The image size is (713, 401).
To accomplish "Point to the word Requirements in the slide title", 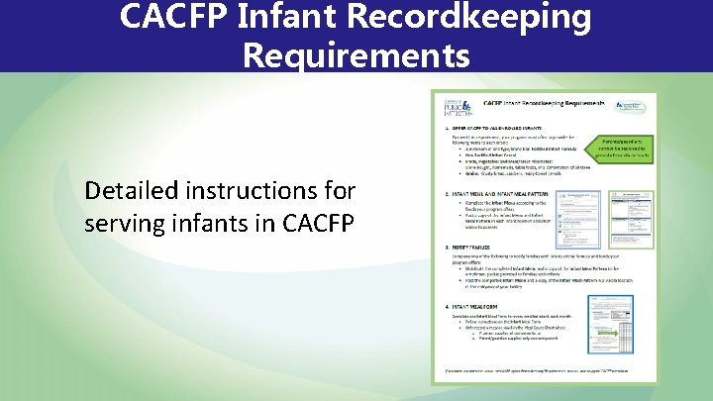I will [x=356, y=55].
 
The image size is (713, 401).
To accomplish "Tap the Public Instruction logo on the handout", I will [x=455, y=108].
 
